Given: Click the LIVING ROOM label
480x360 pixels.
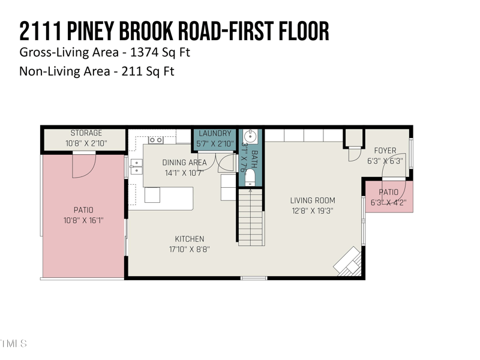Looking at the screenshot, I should coord(313,200).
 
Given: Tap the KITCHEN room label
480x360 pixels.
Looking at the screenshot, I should coord(189,239).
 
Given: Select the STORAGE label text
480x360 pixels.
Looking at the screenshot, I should coord(86,133).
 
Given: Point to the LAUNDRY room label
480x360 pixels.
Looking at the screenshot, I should coord(215,133).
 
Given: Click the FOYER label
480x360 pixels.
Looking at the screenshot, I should coord(385,151).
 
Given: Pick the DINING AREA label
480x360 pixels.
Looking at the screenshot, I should coord(184,163).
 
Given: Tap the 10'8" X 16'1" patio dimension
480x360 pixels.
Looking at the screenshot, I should coord(83,220).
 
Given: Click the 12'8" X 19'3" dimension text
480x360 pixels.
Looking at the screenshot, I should coord(313,211).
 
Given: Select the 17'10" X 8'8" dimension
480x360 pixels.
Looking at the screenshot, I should coord(189,249).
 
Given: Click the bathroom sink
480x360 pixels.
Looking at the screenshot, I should coord(250,135).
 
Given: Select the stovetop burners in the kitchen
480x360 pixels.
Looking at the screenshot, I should coord(156,140).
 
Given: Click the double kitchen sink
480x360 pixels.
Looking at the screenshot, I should coord(136,166).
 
